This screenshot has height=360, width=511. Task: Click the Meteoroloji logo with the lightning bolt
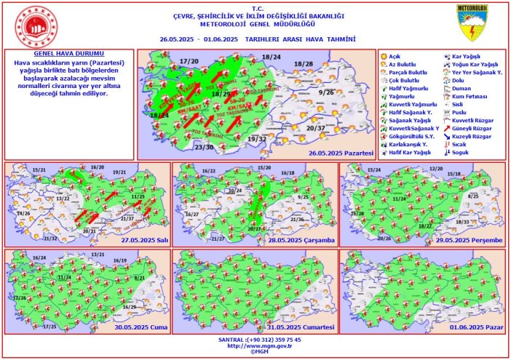[x=477, y=23]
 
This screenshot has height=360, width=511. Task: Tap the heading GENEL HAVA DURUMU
[x=69, y=54]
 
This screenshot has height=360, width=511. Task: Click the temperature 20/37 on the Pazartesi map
[x=316, y=128]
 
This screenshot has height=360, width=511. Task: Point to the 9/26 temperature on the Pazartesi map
[x=327, y=92]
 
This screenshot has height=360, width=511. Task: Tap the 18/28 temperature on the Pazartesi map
[x=304, y=65]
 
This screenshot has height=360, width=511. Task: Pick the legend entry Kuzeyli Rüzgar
[x=477, y=136]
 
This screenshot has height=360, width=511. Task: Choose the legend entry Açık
[x=396, y=56]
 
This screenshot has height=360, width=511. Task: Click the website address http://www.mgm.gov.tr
[x=255, y=345]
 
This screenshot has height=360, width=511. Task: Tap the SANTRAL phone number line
[x=255, y=339]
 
